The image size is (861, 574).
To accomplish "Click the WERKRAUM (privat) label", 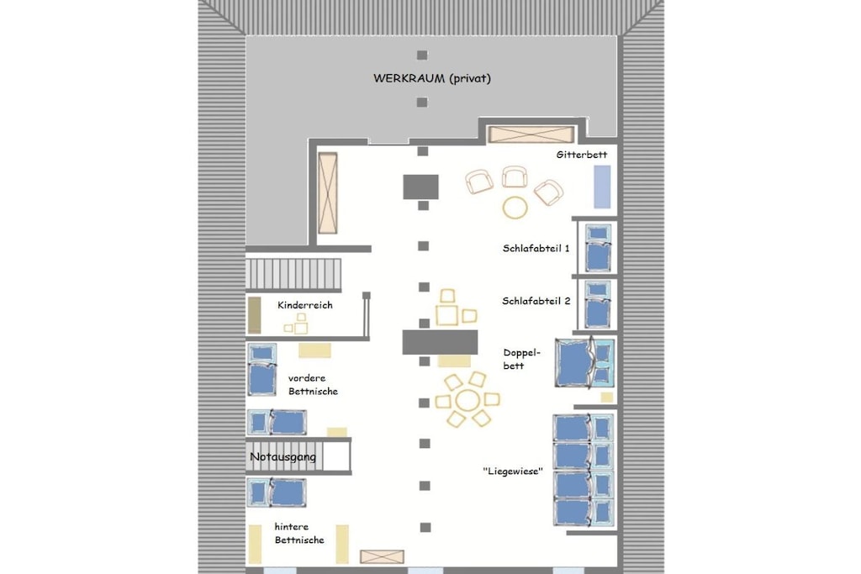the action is point(431,78).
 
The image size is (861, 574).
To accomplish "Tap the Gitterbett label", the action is point(582,155).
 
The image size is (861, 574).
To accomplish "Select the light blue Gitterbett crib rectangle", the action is point(602,187).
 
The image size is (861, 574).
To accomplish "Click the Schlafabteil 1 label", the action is point(536,248).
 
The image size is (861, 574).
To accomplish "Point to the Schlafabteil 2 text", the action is point(536,301).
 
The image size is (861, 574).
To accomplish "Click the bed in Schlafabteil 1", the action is point(598,248).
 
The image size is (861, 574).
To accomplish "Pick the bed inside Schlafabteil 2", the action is point(598,304).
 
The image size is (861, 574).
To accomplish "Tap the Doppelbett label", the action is point(521,359).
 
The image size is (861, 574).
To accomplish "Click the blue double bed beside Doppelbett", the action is point(585,363).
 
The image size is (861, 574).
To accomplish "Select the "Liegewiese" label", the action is point(513,471).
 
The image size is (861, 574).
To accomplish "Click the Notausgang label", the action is point(283,456).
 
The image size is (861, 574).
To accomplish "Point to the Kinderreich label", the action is point(304,305).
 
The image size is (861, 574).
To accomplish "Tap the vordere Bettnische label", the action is point(313,385).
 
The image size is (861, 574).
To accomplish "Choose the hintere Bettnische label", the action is point(299,534).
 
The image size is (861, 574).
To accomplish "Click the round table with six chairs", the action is point(467,399).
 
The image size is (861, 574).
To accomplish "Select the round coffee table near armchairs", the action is point(515,208).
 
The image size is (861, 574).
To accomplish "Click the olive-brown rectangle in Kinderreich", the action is point(254,315).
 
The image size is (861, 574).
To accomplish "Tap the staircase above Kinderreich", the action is point(293,274).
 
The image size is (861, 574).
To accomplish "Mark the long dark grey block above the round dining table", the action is point(440,342).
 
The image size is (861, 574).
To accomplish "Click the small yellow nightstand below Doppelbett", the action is point(607,398).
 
